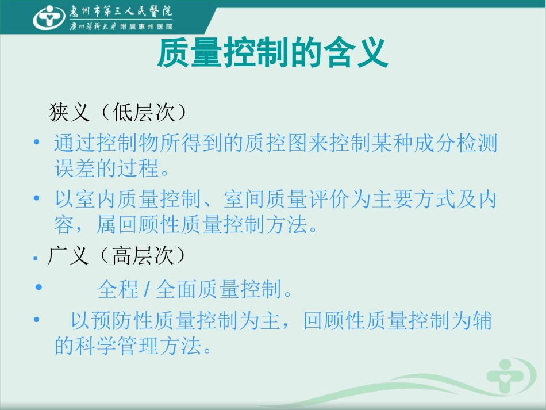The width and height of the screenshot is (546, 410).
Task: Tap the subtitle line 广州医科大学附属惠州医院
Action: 120,26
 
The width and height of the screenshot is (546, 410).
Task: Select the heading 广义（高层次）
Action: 118,256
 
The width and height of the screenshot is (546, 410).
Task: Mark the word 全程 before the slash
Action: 118,289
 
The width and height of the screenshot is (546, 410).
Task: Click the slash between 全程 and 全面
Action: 147,289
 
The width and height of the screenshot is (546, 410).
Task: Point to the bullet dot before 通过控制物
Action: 38,141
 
